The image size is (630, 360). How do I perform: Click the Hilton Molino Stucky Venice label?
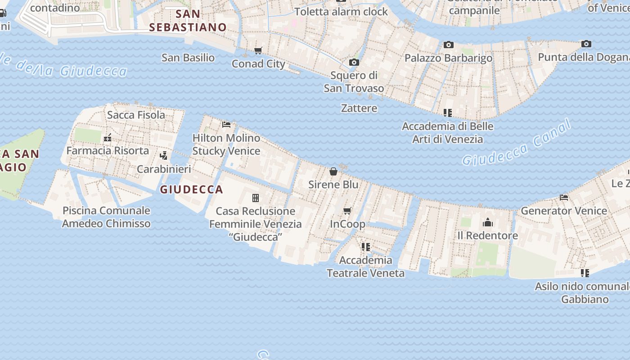coord(226,144)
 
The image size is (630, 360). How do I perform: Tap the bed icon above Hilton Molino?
coord(226,124)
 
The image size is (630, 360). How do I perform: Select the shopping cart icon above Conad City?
coord(258,50)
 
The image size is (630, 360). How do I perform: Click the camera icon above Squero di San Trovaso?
coord(354,62)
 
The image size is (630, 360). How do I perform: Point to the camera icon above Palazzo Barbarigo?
coord(448,45)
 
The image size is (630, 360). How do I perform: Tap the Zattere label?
coord(359,108)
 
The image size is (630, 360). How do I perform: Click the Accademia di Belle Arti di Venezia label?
coord(448,133)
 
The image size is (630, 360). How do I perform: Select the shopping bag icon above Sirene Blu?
coord(333,171)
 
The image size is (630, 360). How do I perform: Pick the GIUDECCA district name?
coord(192,189)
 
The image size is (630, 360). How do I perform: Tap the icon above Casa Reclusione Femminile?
coord(256,198)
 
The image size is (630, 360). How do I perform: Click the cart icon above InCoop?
coord(347,211)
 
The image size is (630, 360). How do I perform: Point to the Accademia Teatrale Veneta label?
coord(365,266)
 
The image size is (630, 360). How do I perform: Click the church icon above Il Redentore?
coord(488,222)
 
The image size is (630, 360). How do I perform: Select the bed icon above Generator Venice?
coord(563,198)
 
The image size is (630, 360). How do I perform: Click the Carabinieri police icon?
coord(164,156)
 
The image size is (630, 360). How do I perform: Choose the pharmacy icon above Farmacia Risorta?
coord(108,138)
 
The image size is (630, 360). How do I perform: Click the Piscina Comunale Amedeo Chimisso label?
coord(106,217)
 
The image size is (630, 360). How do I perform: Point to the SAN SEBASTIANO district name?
coord(188,21)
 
